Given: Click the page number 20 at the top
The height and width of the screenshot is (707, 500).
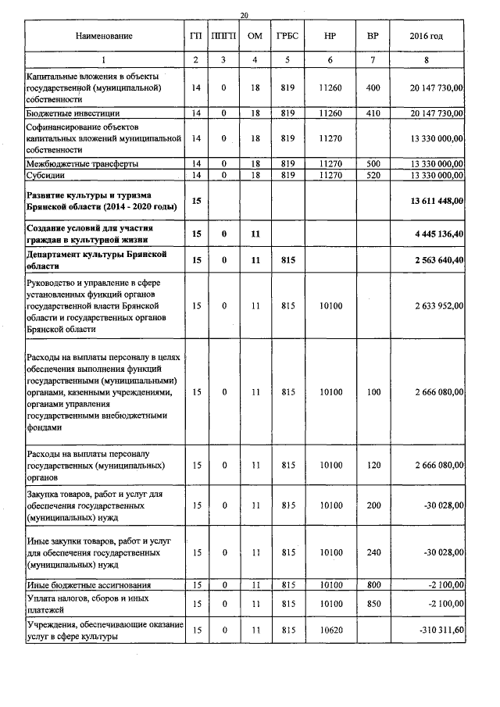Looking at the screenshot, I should (x=245, y=16).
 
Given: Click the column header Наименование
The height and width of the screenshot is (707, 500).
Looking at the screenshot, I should (x=104, y=36).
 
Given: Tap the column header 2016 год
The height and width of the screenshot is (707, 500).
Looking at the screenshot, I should (x=426, y=36).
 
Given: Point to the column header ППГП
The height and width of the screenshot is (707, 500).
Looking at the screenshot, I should (x=223, y=36).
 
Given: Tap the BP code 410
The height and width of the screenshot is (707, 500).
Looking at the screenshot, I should (x=373, y=113).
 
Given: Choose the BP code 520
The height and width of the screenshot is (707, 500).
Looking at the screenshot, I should (x=373, y=176).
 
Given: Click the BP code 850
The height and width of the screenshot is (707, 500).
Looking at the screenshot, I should (x=373, y=603).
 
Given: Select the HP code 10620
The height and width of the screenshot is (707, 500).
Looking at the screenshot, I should (x=331, y=629).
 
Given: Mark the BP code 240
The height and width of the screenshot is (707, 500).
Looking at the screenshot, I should (x=373, y=552).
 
